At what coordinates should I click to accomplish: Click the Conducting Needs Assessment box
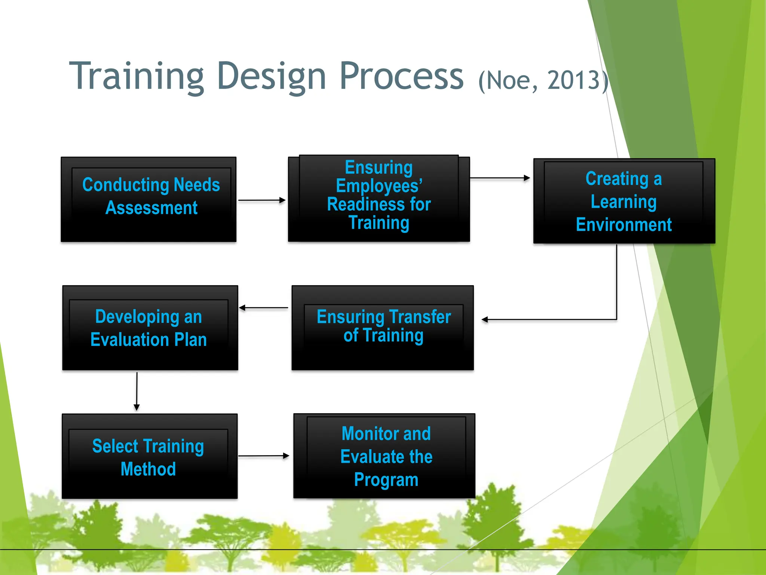click(x=148, y=200)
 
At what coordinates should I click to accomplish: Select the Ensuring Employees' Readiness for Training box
click(x=379, y=198)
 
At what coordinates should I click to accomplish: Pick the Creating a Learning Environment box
click(x=624, y=201)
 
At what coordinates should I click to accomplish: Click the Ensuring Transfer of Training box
click(x=382, y=328)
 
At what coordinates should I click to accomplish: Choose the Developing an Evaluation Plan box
click(x=150, y=328)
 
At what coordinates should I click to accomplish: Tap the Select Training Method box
click(x=149, y=456)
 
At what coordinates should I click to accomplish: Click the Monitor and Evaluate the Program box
click(x=384, y=456)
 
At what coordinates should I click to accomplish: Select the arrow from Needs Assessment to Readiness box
click(x=261, y=200)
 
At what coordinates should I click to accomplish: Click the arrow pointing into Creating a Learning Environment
click(x=500, y=178)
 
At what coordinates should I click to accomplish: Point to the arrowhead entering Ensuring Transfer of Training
click(x=485, y=320)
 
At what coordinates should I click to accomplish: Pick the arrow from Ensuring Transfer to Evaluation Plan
click(x=263, y=308)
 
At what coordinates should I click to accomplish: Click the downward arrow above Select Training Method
click(x=137, y=391)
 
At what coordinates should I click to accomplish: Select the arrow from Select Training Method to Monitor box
click(x=263, y=456)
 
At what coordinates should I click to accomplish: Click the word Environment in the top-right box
click(x=623, y=225)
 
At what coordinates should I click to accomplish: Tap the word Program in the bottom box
click(x=386, y=480)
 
